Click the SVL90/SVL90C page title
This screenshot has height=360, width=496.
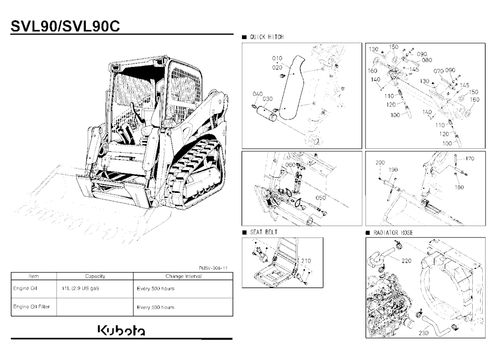[65, 26]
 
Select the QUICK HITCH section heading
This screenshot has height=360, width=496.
[267, 37]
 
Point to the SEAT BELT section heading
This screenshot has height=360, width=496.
[264, 232]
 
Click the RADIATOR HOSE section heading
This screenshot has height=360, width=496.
[393, 233]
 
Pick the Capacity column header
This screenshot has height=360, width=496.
[95, 276]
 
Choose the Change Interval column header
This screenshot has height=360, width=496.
[184, 276]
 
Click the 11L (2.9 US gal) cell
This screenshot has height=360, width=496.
[80, 289]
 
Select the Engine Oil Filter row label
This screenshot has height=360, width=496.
[31, 306]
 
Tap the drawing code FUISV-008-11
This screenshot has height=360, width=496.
[213, 268]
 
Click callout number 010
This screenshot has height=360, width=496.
[277, 58]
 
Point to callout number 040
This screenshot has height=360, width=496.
[257, 94]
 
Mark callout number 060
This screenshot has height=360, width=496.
[290, 165]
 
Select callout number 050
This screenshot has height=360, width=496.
[321, 198]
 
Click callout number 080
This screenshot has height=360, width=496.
[427, 60]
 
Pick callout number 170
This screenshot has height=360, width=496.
[470, 159]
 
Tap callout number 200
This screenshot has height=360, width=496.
[380, 163]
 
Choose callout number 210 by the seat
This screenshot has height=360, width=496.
[306, 261]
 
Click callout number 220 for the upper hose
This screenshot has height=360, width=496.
[407, 261]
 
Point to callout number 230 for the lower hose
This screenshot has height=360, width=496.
[424, 333]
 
